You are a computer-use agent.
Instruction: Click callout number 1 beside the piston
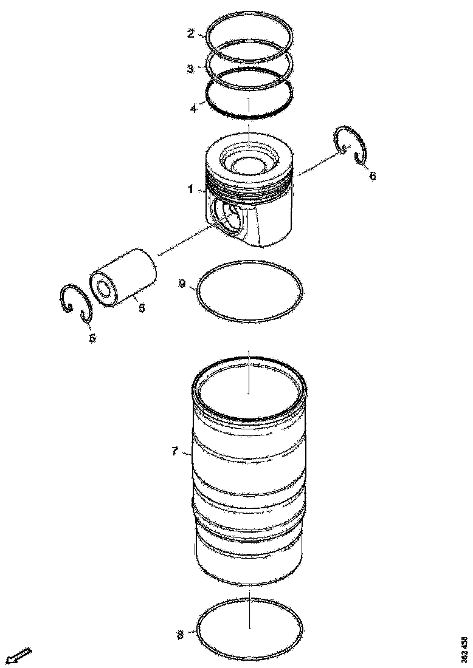coord(190,189)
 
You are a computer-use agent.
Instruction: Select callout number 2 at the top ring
coord(191,33)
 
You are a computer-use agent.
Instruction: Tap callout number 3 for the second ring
coord(191,69)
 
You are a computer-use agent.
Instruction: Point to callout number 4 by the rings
coord(193,109)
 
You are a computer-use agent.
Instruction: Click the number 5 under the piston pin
coord(142,308)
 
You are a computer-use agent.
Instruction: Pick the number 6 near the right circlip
coord(373,176)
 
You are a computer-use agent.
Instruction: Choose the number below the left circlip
coord(92,338)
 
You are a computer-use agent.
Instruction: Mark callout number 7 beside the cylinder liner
coord(174,451)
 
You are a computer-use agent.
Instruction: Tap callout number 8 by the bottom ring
coord(180,635)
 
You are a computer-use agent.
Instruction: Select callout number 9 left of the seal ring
coord(182,284)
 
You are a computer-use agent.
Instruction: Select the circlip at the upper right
coord(353,145)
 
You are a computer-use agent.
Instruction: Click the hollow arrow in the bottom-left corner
coord(18,656)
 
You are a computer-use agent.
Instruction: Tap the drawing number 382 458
coord(464,649)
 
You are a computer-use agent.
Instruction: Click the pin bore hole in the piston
coord(230,218)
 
